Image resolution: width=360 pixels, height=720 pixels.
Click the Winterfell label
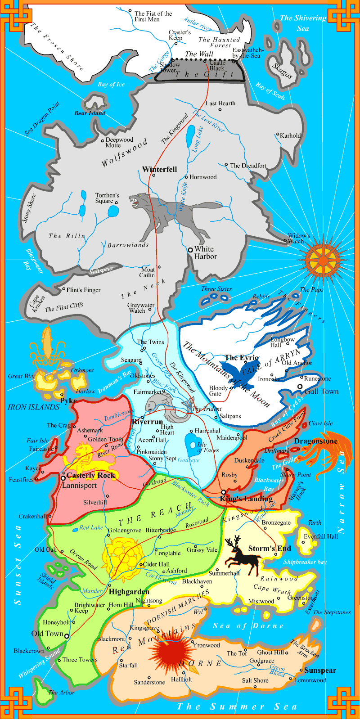pyautogui.click(x=159, y=170)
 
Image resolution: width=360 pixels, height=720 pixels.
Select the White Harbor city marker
pyautogui.click(x=190, y=249)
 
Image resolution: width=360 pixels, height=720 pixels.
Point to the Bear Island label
pyautogui.click(x=90, y=113)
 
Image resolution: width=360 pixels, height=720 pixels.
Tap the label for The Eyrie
pyautogui.click(x=242, y=358)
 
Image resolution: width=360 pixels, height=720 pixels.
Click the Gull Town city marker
pyautogui.click(x=300, y=387)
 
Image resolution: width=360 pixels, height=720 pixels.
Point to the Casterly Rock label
pyautogui.click(x=91, y=476)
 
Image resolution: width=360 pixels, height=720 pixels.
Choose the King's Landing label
pyautogui.click(x=246, y=499)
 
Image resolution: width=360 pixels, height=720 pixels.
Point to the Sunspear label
pyautogui.click(x=320, y=670)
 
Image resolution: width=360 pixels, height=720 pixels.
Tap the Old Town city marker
pyautogui.click(x=67, y=636)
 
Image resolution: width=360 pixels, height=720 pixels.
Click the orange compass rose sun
pyautogui.click(x=323, y=260)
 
